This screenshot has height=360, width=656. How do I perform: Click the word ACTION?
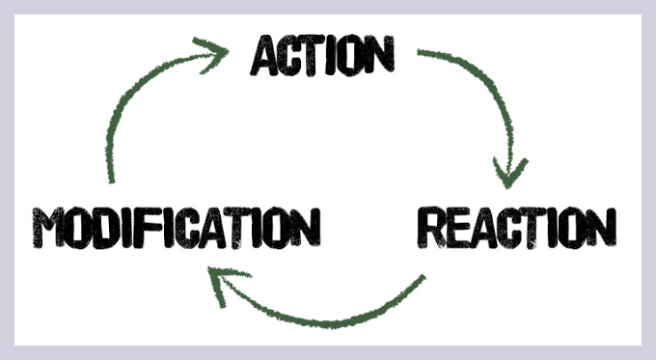click(322, 54)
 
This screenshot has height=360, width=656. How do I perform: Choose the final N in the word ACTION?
click(380, 54)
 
